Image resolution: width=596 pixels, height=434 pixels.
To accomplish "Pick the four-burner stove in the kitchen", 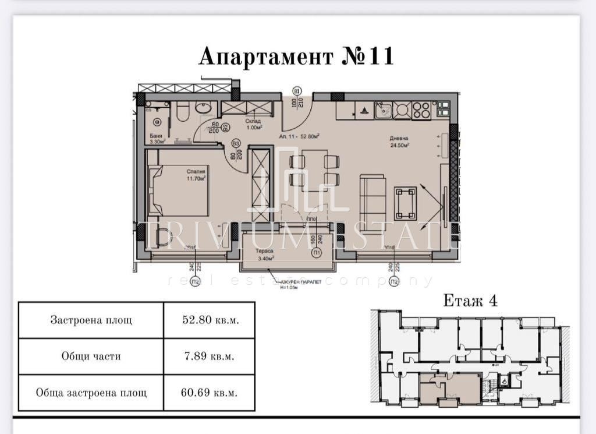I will click(x=421, y=110).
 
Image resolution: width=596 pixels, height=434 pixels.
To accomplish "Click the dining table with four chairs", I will click(x=314, y=170).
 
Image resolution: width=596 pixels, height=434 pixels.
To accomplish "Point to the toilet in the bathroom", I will click(x=182, y=111).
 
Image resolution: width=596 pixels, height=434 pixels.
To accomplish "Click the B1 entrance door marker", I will click(x=296, y=91).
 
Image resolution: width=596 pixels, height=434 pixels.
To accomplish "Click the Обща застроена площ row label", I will click(x=91, y=392).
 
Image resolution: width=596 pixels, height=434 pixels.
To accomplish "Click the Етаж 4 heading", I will click(x=470, y=301).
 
